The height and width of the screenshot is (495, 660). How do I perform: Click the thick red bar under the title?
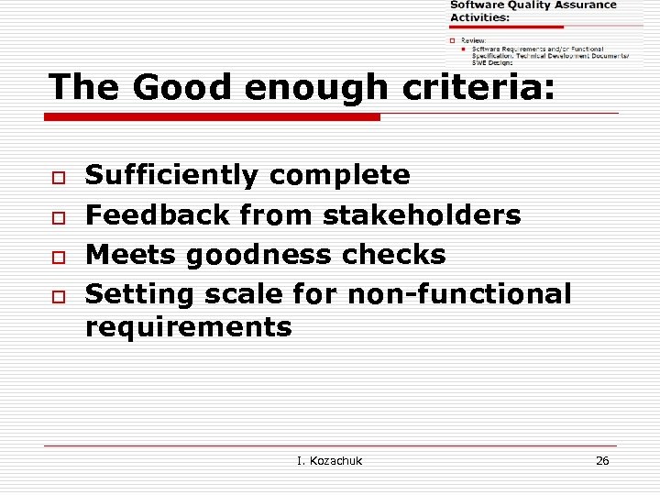coord(213,117)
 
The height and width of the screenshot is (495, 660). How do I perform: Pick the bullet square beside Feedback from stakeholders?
coord(56,216)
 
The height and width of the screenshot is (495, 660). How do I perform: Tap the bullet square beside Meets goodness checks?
coord(56,256)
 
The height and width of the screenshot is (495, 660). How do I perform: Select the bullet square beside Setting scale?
coord(56,296)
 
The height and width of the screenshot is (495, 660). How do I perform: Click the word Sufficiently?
coord(172,175)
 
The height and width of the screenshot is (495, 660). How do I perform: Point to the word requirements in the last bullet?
coord(188,327)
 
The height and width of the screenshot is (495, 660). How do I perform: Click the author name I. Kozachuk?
coord(330,460)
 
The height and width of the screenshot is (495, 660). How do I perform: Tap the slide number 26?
coord(602,460)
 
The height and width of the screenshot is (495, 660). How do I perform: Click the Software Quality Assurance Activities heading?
coord(532,11)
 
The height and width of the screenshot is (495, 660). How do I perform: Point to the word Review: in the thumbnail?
coord(474,40)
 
